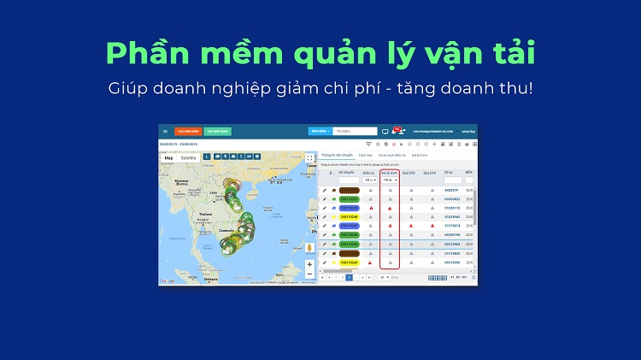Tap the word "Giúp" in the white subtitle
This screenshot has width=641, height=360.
(x=126, y=89)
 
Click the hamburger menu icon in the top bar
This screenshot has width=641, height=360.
(x=165, y=131)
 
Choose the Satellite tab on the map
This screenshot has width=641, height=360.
(x=188, y=157)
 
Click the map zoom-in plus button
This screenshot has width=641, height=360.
(x=309, y=264)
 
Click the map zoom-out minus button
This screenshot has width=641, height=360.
(x=309, y=274)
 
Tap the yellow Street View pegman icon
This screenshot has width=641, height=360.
(x=309, y=247)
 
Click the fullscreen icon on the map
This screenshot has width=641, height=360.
(x=309, y=157)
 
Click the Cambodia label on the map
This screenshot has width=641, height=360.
(x=226, y=230)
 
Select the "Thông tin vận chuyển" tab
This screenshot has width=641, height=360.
(x=337, y=155)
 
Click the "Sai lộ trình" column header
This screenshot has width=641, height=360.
(x=390, y=172)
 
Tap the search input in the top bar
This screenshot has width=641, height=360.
(x=355, y=131)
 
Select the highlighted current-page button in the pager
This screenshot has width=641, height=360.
(x=349, y=278)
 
